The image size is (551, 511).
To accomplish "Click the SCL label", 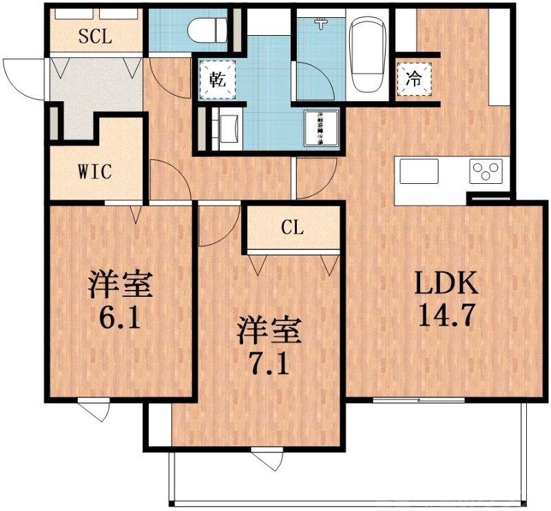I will point(95,36).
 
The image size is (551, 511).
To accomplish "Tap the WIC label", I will point(94,171).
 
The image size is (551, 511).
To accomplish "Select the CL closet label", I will point(292,229).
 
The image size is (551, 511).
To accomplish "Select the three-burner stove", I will point(486,171).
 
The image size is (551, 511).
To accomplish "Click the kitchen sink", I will point(419,171).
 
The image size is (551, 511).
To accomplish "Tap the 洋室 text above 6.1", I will point(120,284).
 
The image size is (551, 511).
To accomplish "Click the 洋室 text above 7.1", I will point(269,330).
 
